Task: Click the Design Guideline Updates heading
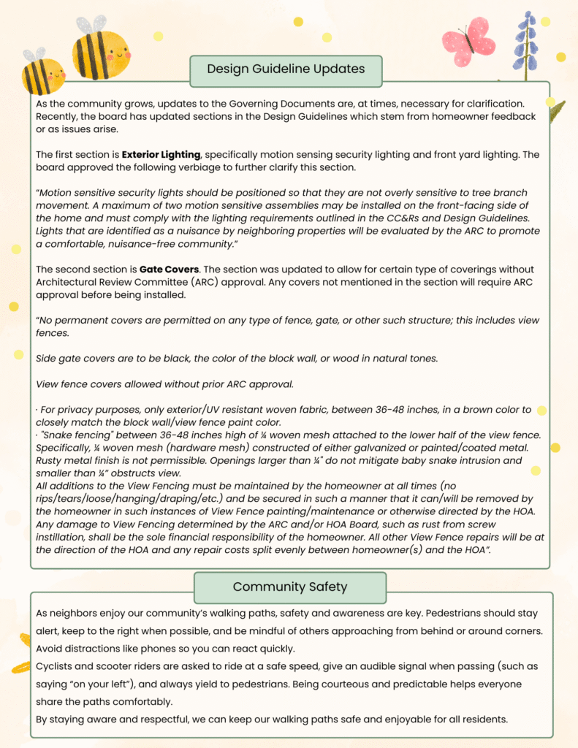tap(286, 69)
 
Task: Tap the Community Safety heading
tap(289, 587)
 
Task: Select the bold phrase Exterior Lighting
tap(161, 155)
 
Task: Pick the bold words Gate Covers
tap(169, 269)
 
